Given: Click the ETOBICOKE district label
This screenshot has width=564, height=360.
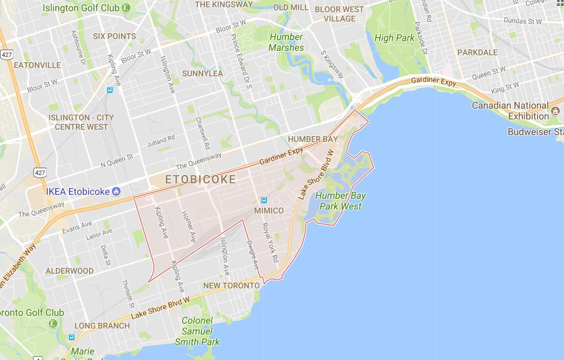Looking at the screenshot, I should pos(200,180).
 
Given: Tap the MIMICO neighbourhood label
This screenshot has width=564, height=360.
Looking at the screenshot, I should pos(269,211).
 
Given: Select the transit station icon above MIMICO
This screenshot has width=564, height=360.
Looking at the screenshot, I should pos(264,200).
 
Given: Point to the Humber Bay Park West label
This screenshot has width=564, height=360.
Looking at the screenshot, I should pos(340,201).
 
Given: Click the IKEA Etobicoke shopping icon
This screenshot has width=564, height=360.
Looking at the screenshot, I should pos(116,191).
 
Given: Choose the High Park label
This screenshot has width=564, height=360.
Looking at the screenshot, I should pos(394,38).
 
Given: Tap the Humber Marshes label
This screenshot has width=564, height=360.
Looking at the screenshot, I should pos(286,42).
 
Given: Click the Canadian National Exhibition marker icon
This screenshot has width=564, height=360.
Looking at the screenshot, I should pos(555,111).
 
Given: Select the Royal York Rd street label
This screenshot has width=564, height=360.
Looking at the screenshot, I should pos(270,242).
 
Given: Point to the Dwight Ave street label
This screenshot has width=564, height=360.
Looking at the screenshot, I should pos(253,255).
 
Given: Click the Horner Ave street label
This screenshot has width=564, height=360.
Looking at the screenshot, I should pos(188,227).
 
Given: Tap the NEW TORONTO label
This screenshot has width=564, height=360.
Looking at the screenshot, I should pos(232,285).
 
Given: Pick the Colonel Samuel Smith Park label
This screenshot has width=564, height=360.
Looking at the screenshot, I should pos(197,331).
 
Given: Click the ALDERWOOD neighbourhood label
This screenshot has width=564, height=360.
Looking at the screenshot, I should pos(70,271).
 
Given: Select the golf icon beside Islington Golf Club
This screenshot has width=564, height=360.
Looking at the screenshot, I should pos(126,8).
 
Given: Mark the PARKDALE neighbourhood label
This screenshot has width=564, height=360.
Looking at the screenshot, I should pos(477,52).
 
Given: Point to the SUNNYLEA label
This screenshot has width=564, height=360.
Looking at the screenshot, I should pos(202,73).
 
